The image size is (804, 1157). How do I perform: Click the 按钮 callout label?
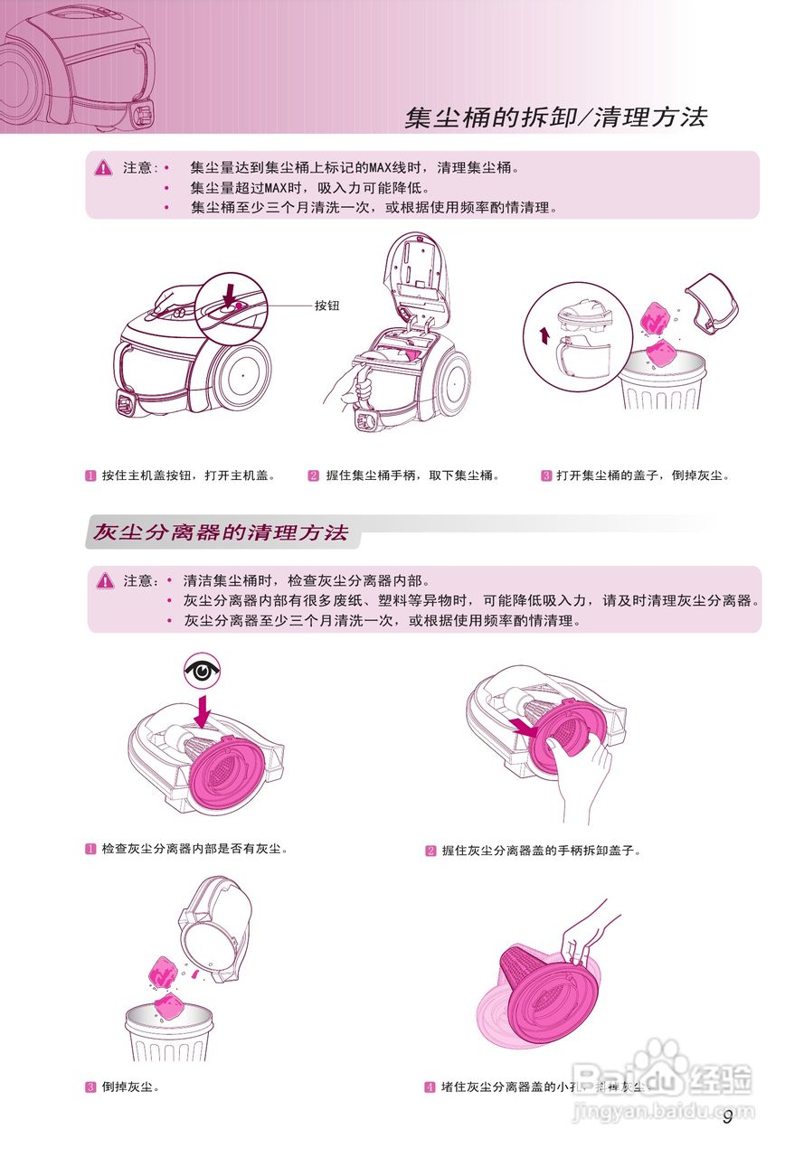326,306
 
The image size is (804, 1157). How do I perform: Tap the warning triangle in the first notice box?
104,167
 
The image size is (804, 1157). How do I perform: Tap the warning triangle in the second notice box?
105,580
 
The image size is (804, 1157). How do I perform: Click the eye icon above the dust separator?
203,671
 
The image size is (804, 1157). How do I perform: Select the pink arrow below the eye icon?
203,708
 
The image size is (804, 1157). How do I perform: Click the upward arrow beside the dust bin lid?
544,336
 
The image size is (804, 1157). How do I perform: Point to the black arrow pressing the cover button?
230,293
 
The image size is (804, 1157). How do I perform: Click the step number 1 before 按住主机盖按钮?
90,475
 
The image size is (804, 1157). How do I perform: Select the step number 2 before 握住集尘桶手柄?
314,475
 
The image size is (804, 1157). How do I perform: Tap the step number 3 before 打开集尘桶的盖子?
546,475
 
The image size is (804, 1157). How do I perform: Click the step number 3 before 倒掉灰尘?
90,1086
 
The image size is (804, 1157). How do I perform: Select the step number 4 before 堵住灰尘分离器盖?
430,1086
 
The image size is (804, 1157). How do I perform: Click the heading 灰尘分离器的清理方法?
221,532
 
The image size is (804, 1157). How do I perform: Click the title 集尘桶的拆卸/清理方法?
555,118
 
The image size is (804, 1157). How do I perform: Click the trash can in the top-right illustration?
663,389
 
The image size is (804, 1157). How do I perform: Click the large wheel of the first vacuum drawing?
240,372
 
